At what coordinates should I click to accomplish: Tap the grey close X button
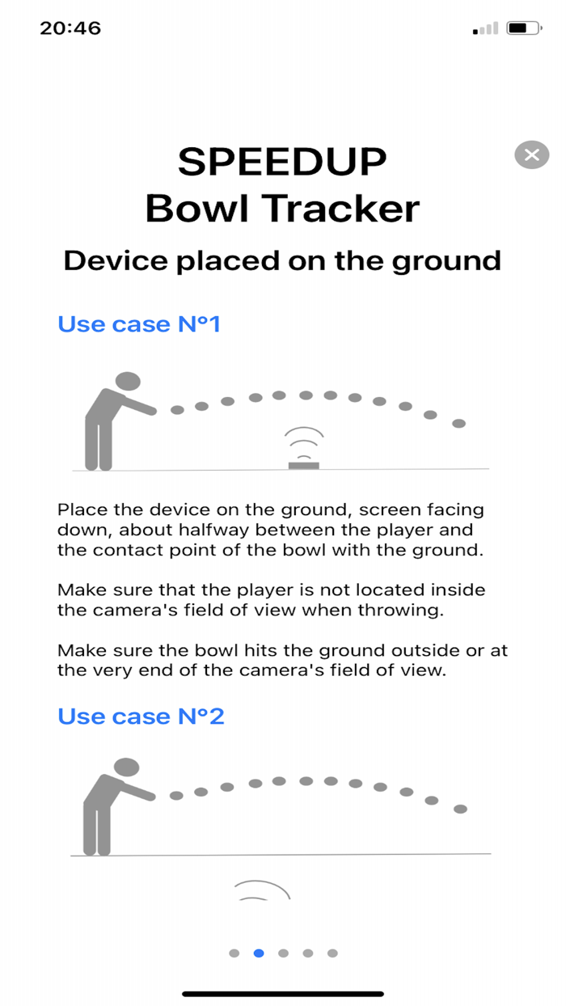pos(532,155)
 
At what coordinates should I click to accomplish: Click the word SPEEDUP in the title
pos(282,162)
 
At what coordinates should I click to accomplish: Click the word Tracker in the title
pos(340,209)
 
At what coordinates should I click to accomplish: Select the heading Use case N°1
pos(139,324)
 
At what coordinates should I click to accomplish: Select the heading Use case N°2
pos(141,716)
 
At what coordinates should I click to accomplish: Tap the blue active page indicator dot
pos(259,953)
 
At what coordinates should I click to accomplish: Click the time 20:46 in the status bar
pos(70,28)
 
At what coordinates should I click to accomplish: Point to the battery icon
pos(524,28)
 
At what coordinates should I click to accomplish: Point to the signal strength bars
pos(485,29)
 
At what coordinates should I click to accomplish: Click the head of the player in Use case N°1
pos(128,381)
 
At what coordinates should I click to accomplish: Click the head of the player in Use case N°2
pos(127,767)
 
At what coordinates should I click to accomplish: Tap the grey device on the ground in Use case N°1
pos(304,465)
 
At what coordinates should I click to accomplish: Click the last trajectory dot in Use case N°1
pos(458,423)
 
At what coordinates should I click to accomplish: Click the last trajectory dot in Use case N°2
pos(460,809)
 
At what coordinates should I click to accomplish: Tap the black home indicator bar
pos(283,994)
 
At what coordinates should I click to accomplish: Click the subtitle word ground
pos(446,261)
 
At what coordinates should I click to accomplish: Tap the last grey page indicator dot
pos(332,953)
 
